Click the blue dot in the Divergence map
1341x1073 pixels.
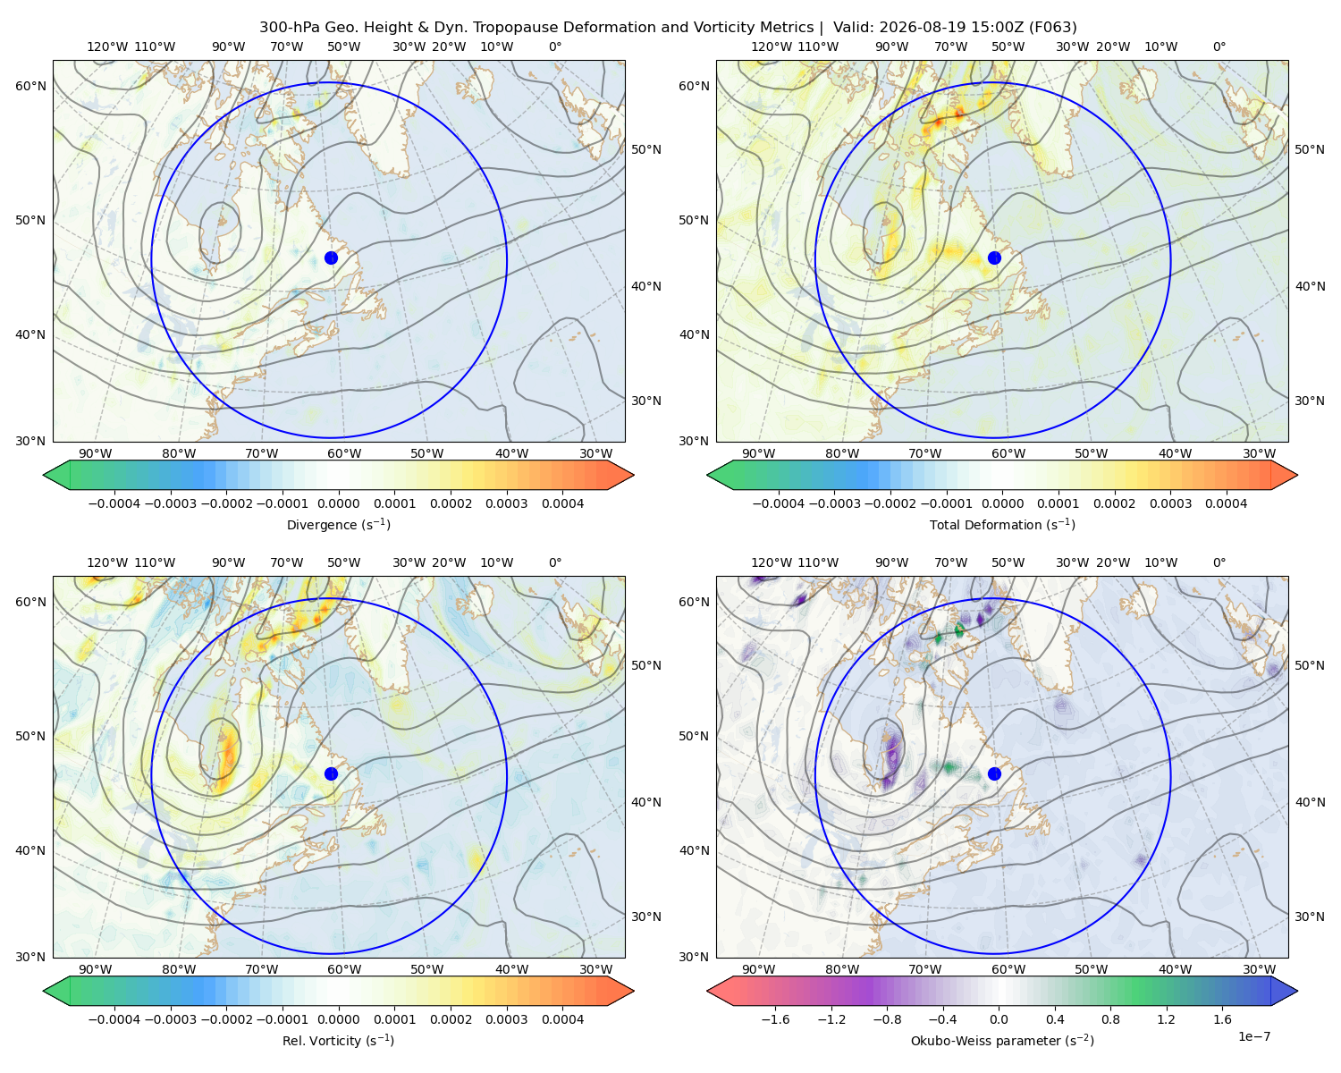pyautogui.click(x=331, y=258)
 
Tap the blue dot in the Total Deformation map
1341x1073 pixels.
pyautogui.click(x=994, y=258)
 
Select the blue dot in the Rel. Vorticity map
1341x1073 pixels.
pyautogui.click(x=331, y=773)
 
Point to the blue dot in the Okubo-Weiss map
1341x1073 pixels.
pyautogui.click(x=994, y=773)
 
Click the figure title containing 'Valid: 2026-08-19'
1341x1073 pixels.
pyautogui.click(x=668, y=27)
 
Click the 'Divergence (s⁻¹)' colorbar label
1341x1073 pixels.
pyautogui.click(x=338, y=524)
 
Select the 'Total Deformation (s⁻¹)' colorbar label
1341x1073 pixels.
pyautogui.click(x=1002, y=524)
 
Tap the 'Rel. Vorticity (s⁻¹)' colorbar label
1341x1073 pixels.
pyautogui.click(x=338, y=1040)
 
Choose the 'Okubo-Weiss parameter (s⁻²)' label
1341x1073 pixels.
pyautogui.click(x=1002, y=1040)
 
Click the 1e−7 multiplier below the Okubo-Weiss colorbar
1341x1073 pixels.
pyautogui.click(x=1253, y=1036)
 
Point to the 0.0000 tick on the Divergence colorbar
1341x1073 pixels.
pyautogui.click(x=338, y=503)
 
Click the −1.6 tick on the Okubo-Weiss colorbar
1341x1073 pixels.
pyautogui.click(x=775, y=1018)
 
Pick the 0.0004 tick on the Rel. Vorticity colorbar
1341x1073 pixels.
pyautogui.click(x=562, y=1018)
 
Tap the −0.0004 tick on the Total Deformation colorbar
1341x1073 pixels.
pyautogui.click(x=779, y=503)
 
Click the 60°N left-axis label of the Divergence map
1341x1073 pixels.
pyautogui.click(x=30, y=86)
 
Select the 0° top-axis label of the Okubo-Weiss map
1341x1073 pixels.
pyautogui.click(x=1219, y=562)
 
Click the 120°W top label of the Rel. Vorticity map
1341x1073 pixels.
pyautogui.click(x=107, y=562)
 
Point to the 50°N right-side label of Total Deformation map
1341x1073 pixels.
pyautogui.click(x=1309, y=149)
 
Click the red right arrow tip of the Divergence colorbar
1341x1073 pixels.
pyautogui.click(x=633, y=475)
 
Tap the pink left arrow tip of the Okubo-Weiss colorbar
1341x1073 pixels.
pyautogui.click(x=708, y=991)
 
